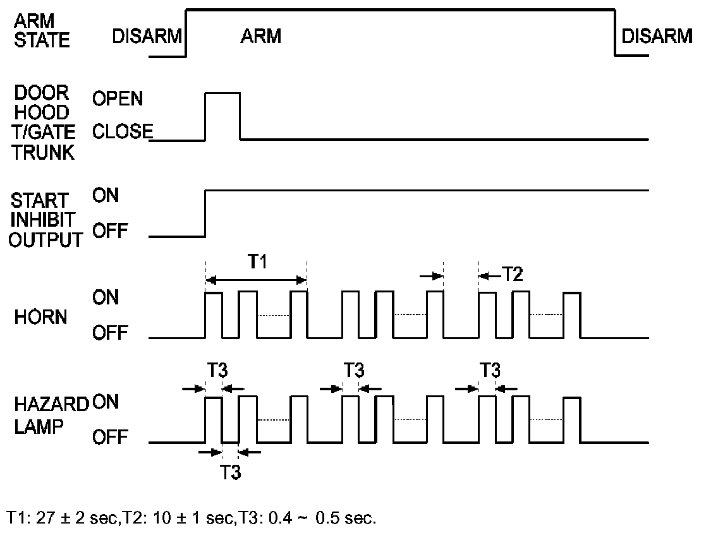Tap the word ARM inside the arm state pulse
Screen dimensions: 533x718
(260, 36)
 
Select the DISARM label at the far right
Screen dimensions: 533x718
(657, 36)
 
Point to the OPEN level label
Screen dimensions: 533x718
(118, 99)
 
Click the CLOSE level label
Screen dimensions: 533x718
(122, 132)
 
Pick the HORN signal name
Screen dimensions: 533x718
(40, 317)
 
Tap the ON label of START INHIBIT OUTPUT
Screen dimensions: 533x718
(106, 195)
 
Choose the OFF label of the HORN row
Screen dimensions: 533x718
(110, 332)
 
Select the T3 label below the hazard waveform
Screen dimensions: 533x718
(231, 472)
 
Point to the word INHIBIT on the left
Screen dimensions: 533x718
(42, 220)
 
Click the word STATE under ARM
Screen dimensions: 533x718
(42, 41)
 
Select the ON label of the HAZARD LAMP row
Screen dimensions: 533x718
(106, 402)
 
